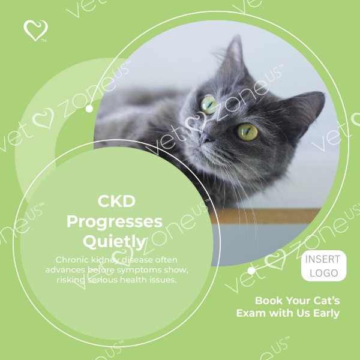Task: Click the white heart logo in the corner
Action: point(35,31)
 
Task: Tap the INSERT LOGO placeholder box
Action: point(324,266)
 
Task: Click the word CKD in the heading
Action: point(116,202)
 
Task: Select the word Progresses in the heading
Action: point(115,222)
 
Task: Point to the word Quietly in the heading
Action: point(115,242)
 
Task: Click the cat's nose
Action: point(206,138)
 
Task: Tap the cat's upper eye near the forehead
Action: point(208,104)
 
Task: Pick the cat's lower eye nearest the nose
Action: point(247,132)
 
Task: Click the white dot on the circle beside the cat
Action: point(89,109)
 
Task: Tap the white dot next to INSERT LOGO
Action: point(251,271)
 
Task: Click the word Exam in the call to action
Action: point(251,313)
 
